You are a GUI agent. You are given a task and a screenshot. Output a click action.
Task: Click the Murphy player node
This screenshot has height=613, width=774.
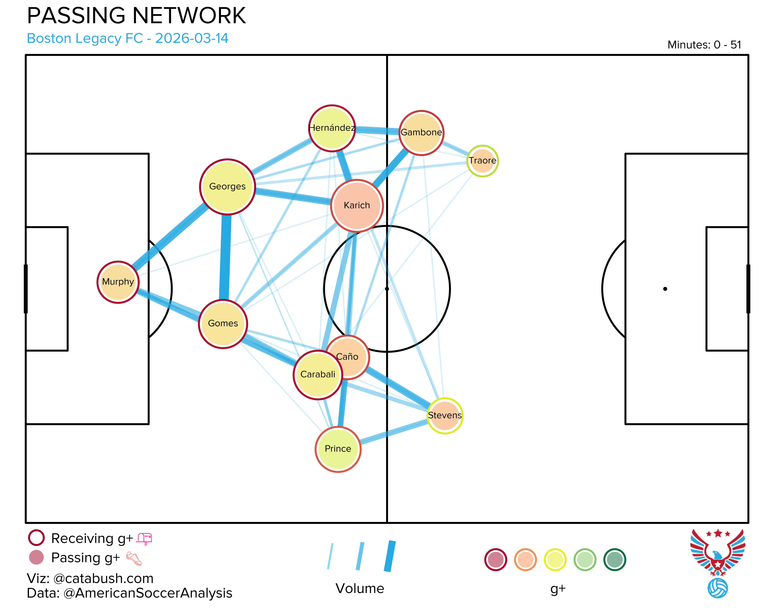(x=118, y=282)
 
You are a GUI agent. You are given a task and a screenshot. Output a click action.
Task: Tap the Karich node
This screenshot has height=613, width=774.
(x=357, y=206)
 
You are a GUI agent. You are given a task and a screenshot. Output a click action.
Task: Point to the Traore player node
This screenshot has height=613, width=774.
(x=483, y=161)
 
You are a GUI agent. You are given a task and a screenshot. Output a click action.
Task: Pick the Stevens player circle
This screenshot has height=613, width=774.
(x=445, y=416)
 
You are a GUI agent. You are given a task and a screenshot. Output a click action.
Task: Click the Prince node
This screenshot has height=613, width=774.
(x=338, y=449)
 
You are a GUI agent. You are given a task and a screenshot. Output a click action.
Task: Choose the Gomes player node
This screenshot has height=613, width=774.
(x=223, y=324)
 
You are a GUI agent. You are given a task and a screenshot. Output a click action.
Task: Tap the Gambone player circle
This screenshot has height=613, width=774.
(x=422, y=133)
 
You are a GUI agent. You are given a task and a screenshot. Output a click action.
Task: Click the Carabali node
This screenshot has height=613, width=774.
(x=318, y=375)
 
